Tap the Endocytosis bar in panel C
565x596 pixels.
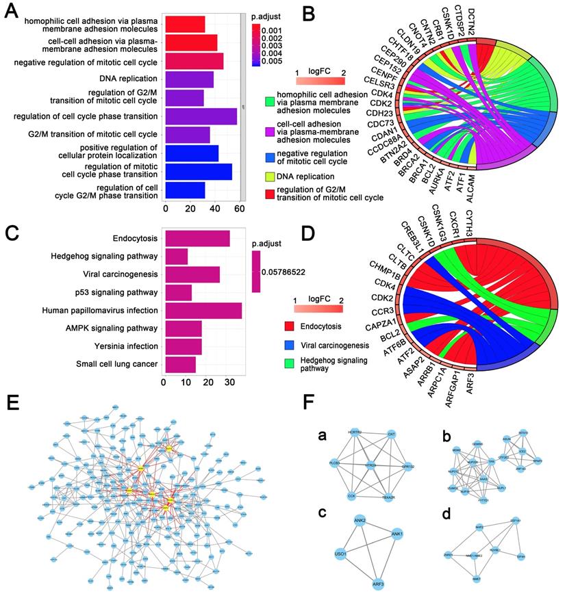[x=196, y=239]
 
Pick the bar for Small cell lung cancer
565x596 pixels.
[x=179, y=364]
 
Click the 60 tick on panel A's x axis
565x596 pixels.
[x=240, y=209]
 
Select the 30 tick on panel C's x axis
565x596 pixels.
[x=229, y=383]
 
